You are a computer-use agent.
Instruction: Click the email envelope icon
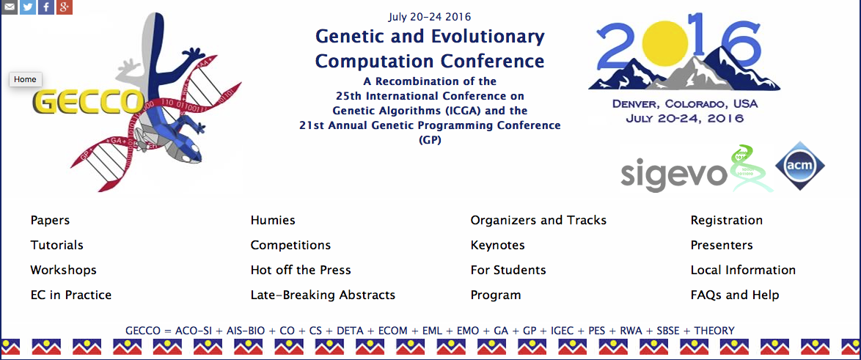click(10, 7)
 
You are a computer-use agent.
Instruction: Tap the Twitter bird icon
click(28, 7)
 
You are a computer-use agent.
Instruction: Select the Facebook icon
click(46, 7)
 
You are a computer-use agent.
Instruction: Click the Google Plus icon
click(65, 7)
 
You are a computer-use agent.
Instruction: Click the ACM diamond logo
click(799, 166)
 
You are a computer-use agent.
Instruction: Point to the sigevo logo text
click(674, 173)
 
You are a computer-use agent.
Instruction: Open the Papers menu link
click(50, 221)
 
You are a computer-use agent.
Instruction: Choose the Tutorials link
click(57, 246)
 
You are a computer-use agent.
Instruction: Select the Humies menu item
click(273, 221)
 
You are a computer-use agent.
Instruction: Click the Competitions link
click(291, 246)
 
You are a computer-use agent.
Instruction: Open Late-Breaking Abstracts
click(323, 295)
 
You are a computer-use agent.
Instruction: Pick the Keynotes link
click(497, 246)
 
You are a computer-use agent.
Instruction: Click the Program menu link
click(496, 295)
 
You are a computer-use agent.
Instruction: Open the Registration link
click(727, 221)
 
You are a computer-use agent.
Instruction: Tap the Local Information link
click(743, 270)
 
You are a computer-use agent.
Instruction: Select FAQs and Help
click(735, 295)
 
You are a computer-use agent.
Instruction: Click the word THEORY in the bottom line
click(714, 331)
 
